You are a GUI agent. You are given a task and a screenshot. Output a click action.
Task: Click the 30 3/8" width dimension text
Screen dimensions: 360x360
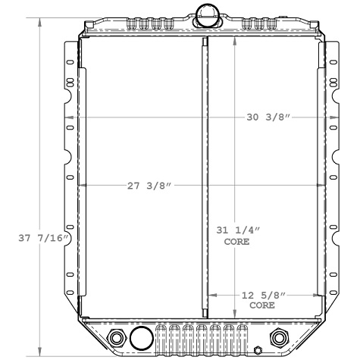click(x=269, y=117)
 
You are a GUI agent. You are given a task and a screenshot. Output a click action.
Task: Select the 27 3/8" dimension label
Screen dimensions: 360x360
click(x=148, y=186)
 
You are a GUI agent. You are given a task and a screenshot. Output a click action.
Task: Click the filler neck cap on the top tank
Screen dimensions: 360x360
click(x=205, y=13)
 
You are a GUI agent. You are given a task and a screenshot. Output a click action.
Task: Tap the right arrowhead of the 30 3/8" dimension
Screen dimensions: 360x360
click(x=333, y=117)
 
